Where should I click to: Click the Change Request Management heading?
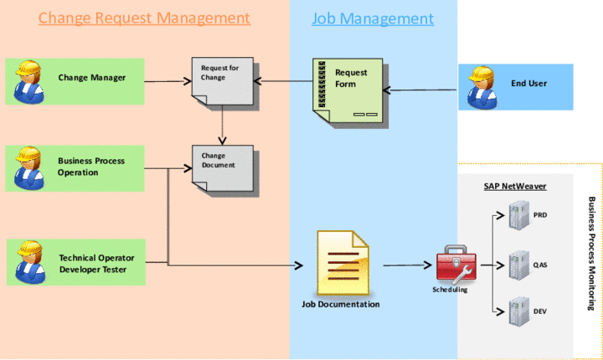[144, 18]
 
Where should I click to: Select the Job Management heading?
[373, 18]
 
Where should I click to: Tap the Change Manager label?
[92, 78]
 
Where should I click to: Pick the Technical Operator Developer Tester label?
[96, 263]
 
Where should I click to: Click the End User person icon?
[477, 87]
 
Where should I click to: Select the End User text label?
[528, 84]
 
